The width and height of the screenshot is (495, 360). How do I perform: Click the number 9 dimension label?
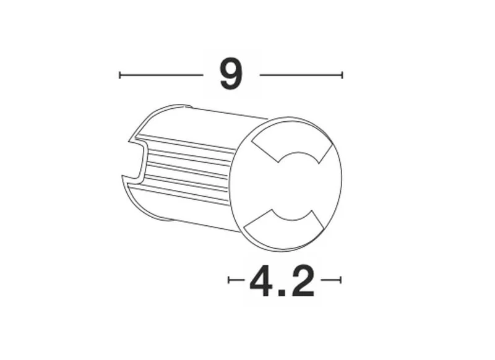231,74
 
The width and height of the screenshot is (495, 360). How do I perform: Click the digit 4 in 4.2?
260,281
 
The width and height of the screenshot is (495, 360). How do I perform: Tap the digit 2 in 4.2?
302,280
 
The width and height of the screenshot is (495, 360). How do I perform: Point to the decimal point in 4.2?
281,293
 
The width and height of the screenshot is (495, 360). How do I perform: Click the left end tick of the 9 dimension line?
119,75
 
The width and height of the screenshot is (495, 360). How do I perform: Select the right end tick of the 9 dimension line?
342,75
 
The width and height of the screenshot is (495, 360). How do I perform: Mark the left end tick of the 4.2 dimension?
228,280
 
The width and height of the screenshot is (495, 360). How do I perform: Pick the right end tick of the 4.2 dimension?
341,280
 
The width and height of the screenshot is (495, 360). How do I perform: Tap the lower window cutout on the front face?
284,226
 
